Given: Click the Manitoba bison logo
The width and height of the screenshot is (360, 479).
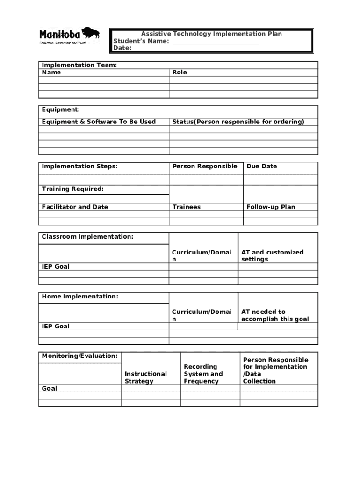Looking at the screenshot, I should (x=91, y=33).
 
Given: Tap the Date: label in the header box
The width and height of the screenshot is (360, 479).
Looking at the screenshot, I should (x=123, y=48).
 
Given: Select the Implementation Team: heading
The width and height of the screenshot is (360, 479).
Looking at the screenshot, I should (x=79, y=65).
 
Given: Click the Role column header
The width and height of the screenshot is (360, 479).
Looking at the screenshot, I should (x=180, y=72).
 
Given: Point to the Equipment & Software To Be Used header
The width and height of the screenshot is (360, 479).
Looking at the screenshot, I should (x=99, y=122).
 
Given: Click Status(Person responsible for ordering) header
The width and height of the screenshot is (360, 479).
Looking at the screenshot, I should (x=238, y=122).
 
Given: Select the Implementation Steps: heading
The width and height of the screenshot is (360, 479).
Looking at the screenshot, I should (x=80, y=166).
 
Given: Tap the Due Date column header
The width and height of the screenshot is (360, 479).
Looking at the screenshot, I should (x=262, y=166).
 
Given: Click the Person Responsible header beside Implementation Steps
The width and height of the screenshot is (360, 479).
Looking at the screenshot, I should (x=205, y=166).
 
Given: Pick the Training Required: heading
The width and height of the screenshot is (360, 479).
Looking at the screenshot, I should (x=73, y=189).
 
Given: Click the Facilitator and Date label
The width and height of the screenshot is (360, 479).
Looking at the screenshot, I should (x=75, y=207).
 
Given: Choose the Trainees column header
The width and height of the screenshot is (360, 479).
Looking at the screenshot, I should (x=187, y=207).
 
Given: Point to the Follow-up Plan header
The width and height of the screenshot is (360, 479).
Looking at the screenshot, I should (x=271, y=207).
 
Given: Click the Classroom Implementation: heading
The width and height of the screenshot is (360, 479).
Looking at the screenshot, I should (x=87, y=237).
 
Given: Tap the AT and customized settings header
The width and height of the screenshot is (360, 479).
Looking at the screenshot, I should (x=272, y=255).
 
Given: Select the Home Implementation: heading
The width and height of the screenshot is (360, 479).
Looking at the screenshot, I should (x=80, y=297).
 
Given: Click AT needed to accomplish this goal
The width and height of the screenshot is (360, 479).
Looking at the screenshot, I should (x=275, y=315).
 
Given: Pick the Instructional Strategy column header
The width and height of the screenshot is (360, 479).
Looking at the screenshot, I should (x=146, y=377).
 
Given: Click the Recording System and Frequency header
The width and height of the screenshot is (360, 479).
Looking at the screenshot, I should (x=203, y=374).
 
